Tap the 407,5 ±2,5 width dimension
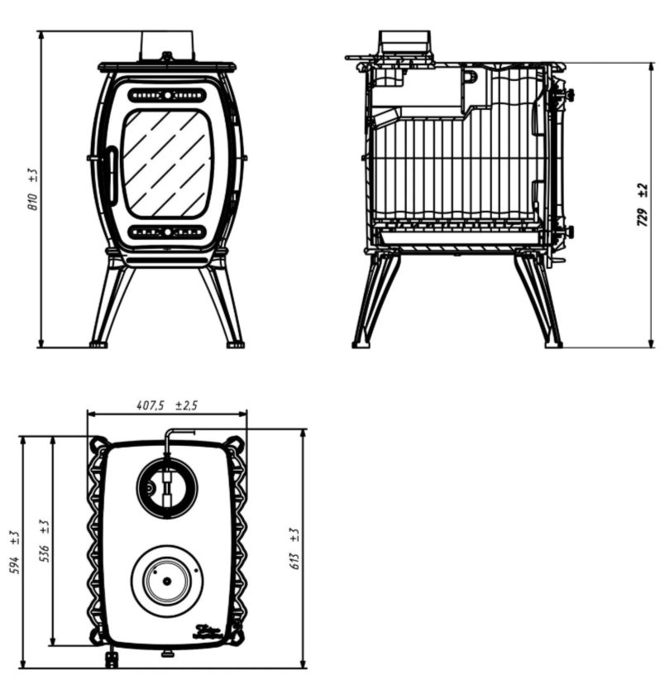click(x=167, y=405)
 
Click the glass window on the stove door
click(x=167, y=162)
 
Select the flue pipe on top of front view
click(x=167, y=46)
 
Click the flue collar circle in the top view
click(x=167, y=488)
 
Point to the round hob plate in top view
click(x=167, y=579)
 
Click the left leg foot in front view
click(x=98, y=343)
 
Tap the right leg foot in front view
click(x=235, y=343)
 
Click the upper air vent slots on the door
click(x=167, y=95)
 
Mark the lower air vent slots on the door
click(x=167, y=232)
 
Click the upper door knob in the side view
click(x=567, y=95)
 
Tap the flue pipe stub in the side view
click(x=404, y=44)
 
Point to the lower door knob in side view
click(x=566, y=232)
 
